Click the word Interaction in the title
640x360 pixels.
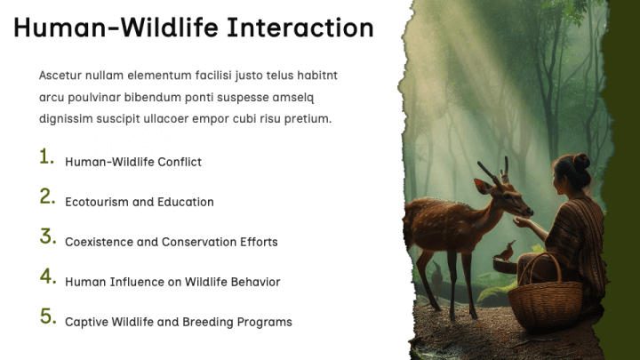[x=300, y=28]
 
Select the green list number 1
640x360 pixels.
[x=46, y=156]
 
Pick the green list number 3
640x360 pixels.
[x=48, y=236]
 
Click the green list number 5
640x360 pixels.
[x=48, y=316]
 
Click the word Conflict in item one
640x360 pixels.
[x=180, y=162]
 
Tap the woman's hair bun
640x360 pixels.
[x=581, y=162]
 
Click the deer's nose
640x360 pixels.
[x=530, y=212]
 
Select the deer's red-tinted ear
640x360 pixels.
[x=484, y=186]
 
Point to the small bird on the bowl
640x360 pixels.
[x=506, y=251]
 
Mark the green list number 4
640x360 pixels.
[x=48, y=276]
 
